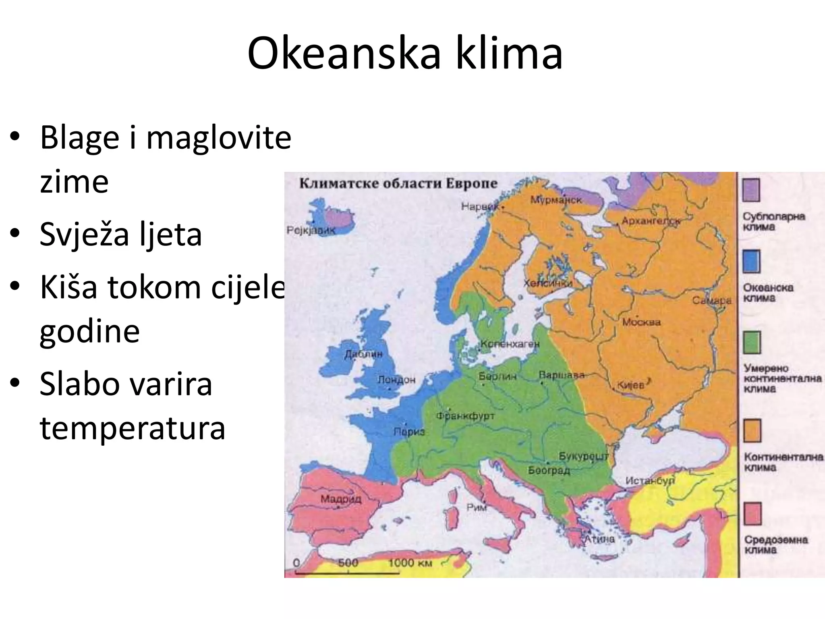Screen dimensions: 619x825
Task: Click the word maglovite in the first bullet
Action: click(218, 137)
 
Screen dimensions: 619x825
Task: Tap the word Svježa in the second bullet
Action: click(84, 234)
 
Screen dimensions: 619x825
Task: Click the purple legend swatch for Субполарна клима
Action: click(751, 190)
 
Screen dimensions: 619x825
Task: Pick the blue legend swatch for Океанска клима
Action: click(751, 261)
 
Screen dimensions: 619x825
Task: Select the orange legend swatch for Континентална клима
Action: click(752, 430)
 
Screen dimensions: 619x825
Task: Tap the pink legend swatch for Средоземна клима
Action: click(752, 513)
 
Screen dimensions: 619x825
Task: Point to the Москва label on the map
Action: click(641, 322)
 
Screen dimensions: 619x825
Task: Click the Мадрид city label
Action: click(341, 499)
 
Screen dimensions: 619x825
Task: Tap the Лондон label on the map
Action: click(396, 380)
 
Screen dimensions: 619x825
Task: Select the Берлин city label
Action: click(497, 376)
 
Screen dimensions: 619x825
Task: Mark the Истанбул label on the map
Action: click(650, 481)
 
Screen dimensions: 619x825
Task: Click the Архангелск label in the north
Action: click(651, 221)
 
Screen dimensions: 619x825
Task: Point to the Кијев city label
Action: click(631, 385)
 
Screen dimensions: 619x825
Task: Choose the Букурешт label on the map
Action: click(583, 456)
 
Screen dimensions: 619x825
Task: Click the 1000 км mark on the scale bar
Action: click(410, 563)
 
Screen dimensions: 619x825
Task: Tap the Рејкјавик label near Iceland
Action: click(311, 230)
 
